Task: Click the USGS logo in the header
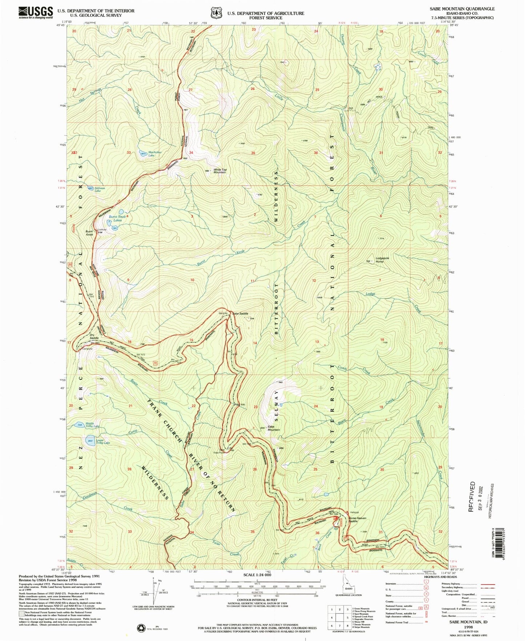pyautogui.click(x=36, y=12)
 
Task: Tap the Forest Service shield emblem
pyautogui.click(x=217, y=13)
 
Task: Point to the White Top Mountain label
pyautogui.click(x=219, y=171)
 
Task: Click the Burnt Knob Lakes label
pyautogui.click(x=117, y=218)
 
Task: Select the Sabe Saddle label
pyautogui.click(x=240, y=313)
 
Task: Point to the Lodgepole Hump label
pyautogui.click(x=382, y=259)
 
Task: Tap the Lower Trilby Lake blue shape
pyautogui.click(x=90, y=441)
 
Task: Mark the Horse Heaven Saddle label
pyautogui.click(x=357, y=519)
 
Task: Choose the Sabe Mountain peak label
pyautogui.click(x=274, y=428)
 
